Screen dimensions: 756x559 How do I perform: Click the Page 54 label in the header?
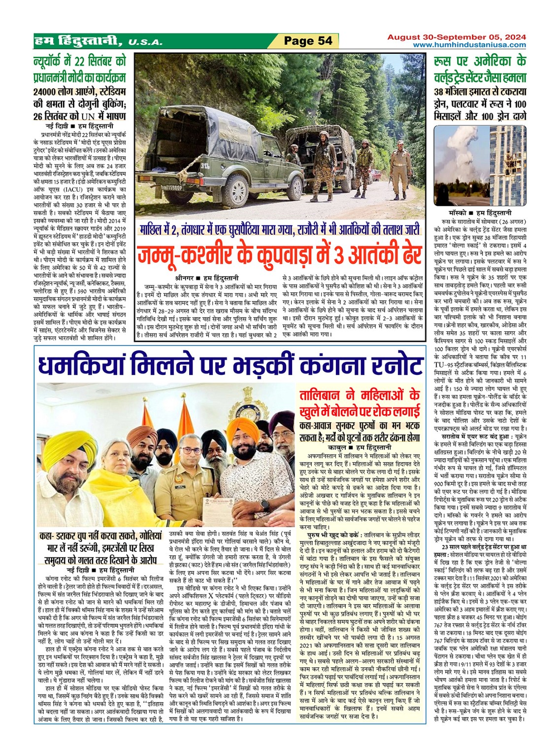click(x=309, y=41)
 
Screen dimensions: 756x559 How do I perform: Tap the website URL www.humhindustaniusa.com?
click(x=469, y=45)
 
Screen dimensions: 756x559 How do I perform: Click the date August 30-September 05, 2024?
click(x=456, y=37)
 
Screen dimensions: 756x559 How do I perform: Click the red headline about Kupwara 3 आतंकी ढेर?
click(x=279, y=256)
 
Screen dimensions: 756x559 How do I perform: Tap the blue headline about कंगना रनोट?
click(x=230, y=366)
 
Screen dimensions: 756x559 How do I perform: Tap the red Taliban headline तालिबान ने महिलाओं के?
click(x=360, y=396)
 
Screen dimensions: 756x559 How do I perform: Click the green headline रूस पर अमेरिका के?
click(x=480, y=63)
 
